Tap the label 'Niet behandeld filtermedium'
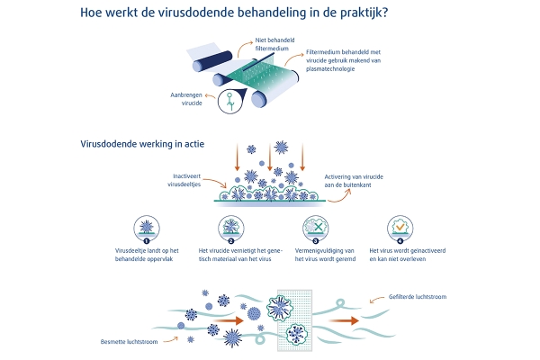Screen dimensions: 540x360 (x=274, y=44)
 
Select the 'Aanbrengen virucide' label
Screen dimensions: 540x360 (x=186, y=99)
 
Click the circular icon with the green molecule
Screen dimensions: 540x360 (x=230, y=101)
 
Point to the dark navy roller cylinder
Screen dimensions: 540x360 (x=212, y=61)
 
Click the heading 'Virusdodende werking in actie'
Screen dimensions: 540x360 (x=142, y=144)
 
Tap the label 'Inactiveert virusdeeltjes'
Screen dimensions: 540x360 (x=184, y=180)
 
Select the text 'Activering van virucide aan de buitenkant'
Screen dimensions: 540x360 (x=354, y=181)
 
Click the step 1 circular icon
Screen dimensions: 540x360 (x=147, y=229)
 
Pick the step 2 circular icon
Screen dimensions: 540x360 (x=231, y=229)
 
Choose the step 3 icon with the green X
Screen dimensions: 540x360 (x=316, y=229)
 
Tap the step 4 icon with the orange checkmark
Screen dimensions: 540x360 (x=400, y=229)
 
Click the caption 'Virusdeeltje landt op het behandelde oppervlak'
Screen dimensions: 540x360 (x=147, y=255)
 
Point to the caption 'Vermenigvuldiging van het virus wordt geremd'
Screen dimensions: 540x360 (x=325, y=255)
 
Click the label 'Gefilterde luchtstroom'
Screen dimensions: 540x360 (x=418, y=297)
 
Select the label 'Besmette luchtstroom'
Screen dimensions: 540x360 (x=129, y=342)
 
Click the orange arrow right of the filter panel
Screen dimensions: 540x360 (x=344, y=320)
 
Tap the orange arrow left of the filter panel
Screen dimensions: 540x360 (x=229, y=320)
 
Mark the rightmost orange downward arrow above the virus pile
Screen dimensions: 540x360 (x=302, y=157)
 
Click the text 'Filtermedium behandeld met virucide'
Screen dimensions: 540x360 (x=344, y=56)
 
